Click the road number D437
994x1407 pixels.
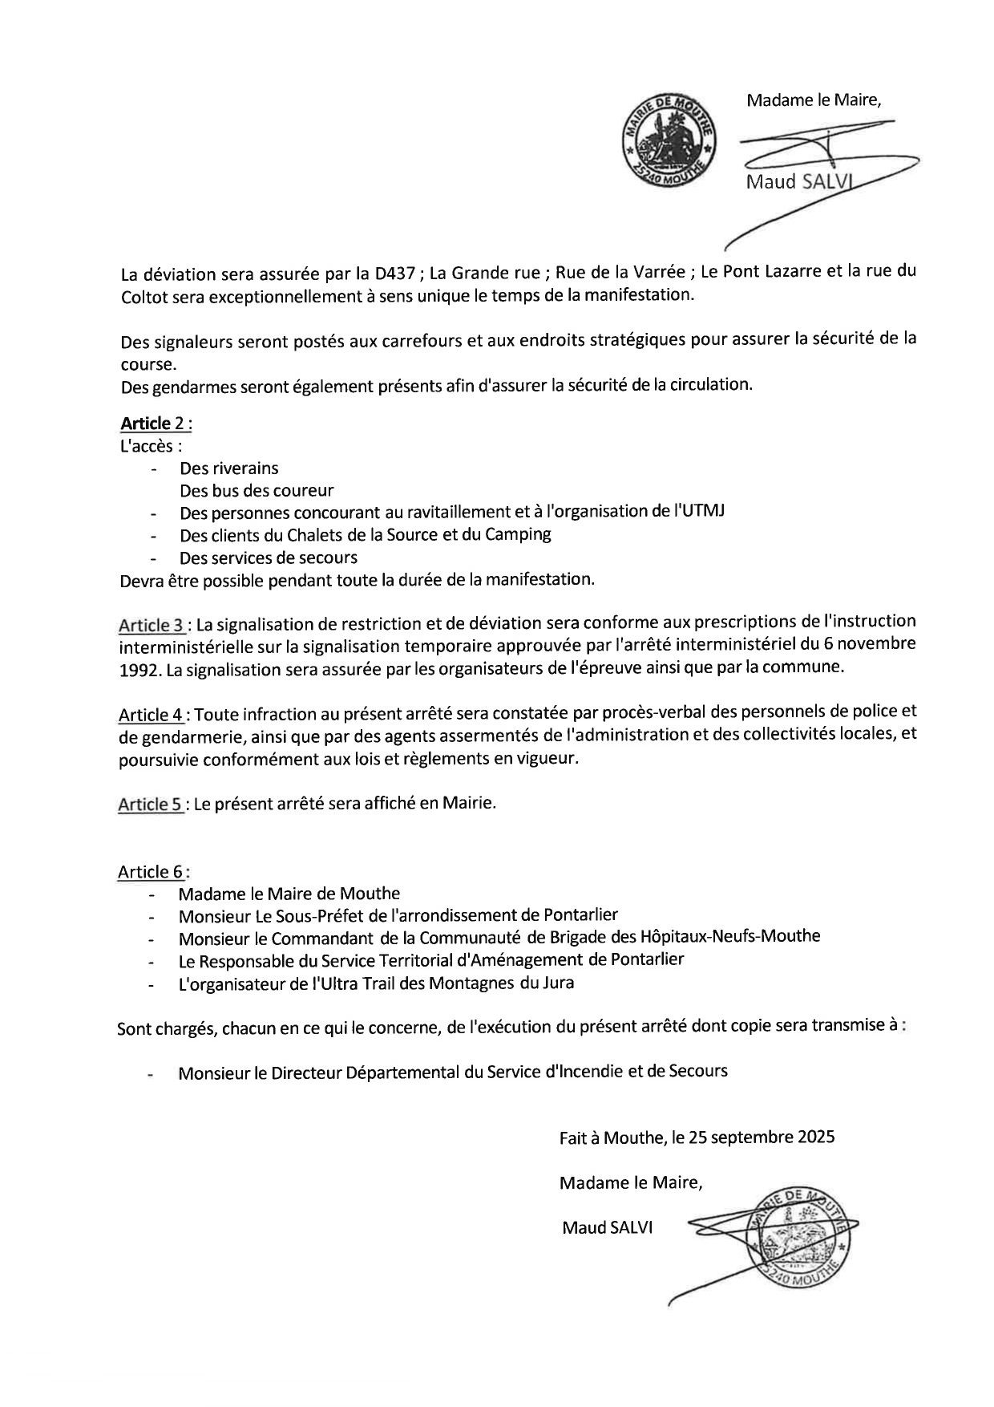click(x=394, y=273)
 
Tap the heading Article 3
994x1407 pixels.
click(x=152, y=625)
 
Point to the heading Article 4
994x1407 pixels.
click(x=152, y=714)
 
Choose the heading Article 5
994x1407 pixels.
click(x=151, y=804)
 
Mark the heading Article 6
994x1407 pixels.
click(x=151, y=872)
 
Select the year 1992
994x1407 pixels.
click(x=139, y=670)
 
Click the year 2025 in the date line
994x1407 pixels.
click(x=816, y=1137)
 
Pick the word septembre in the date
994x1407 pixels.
click(x=751, y=1137)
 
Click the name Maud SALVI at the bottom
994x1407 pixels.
click(x=607, y=1227)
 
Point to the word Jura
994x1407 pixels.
click(x=557, y=981)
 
